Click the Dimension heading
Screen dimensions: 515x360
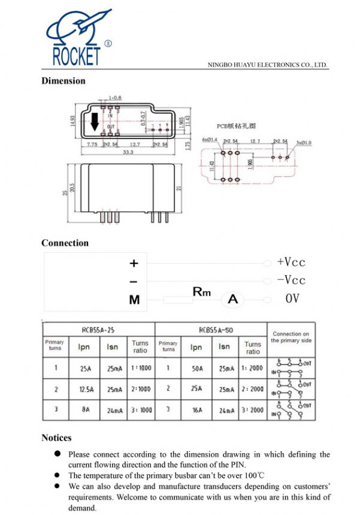63,81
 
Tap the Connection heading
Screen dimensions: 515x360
65,243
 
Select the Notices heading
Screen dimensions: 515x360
56,438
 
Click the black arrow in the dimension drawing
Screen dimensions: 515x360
94,124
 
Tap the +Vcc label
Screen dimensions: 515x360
291,263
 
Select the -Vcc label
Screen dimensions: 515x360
291,281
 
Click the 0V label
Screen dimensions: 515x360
292,299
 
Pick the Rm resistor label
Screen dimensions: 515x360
202,292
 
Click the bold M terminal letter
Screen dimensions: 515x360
134,300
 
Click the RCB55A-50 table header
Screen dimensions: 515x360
210,330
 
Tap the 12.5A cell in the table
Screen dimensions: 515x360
84,390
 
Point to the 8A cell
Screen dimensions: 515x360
84,410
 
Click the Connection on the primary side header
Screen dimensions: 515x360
291,337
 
